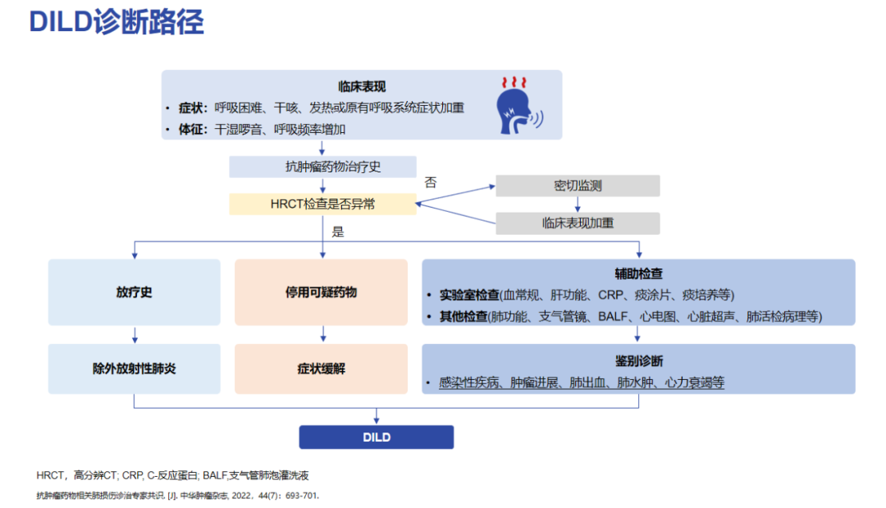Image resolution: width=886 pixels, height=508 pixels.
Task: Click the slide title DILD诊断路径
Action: point(116,22)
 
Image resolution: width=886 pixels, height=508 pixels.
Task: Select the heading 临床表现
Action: point(362,86)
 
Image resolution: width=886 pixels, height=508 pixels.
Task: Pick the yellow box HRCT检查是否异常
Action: point(322,204)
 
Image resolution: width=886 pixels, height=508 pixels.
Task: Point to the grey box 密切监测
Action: point(578,185)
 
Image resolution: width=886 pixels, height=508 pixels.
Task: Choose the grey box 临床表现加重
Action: point(578,222)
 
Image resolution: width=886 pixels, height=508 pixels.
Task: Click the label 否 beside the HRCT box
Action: point(431,182)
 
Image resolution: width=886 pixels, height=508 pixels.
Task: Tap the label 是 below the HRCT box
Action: point(338,231)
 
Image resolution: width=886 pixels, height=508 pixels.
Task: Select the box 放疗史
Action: point(134,292)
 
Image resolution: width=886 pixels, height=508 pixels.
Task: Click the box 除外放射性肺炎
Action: point(134,368)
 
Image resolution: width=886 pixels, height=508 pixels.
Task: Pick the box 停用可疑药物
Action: point(321,292)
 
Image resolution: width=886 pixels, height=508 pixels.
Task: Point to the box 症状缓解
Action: point(321,368)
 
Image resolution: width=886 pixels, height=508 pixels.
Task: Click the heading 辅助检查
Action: point(638,273)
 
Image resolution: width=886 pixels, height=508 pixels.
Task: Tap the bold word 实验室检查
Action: point(469,295)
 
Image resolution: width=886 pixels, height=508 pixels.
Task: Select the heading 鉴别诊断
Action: point(638,361)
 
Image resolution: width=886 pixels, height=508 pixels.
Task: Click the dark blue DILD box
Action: point(376,437)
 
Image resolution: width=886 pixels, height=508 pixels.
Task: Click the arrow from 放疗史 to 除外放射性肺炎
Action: point(135,334)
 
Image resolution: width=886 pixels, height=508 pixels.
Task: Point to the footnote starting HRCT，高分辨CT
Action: point(171,475)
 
